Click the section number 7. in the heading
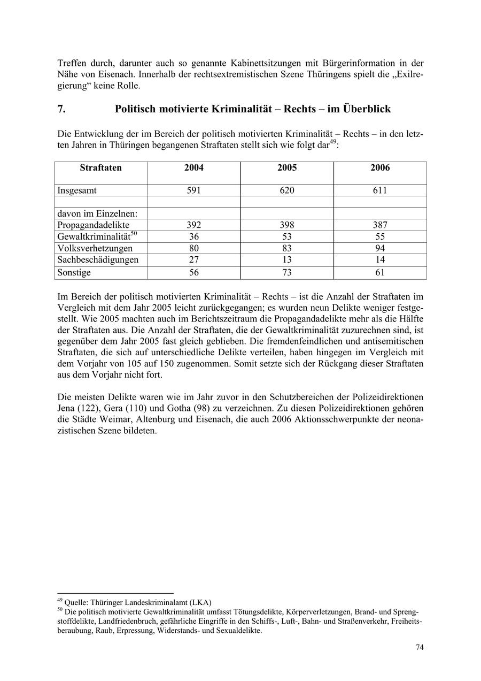[x=61, y=109]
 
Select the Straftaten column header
[x=101, y=168]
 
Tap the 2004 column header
[x=194, y=168]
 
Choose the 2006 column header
[x=380, y=168]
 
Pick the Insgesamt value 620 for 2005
[x=287, y=190]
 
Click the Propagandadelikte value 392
[x=194, y=225]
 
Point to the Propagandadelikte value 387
[x=380, y=225]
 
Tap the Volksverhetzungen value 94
[x=380, y=248]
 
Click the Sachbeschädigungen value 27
[x=194, y=260]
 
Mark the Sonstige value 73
[x=287, y=272]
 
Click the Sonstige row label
[x=74, y=272]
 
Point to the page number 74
[x=420, y=647]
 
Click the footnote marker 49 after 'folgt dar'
[x=333, y=142]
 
